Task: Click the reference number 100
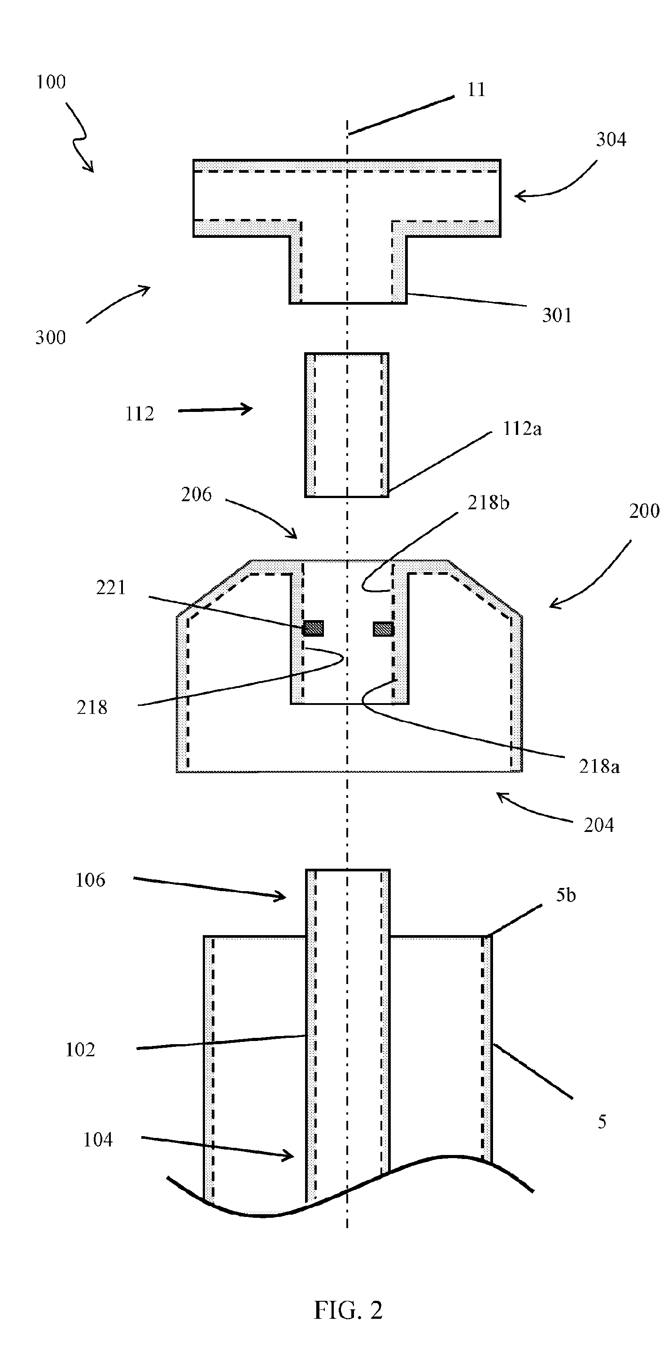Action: point(51,82)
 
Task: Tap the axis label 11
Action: point(476,90)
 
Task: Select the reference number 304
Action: point(611,140)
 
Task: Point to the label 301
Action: point(557,315)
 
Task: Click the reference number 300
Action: point(51,337)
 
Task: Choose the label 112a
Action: point(522,429)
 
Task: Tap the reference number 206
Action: point(196,495)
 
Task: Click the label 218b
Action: point(489,503)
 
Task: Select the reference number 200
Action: point(644,511)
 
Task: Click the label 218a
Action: point(599,767)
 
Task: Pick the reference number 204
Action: point(599,825)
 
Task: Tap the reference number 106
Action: point(90,880)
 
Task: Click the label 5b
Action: point(566,896)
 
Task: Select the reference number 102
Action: point(80,1050)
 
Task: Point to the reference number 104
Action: point(98,1140)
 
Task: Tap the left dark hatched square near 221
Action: point(313,628)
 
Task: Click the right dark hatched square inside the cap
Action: point(383,629)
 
